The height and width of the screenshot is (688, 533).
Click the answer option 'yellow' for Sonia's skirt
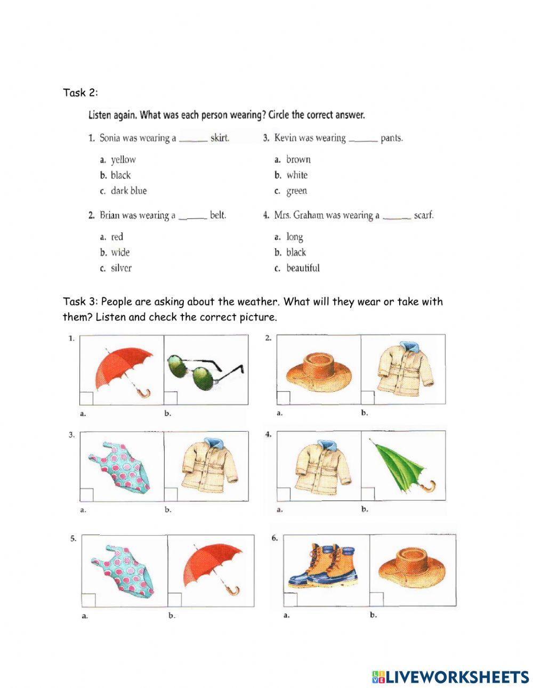point(123,159)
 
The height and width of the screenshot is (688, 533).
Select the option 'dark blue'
point(128,191)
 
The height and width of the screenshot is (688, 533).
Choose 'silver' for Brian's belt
point(121,268)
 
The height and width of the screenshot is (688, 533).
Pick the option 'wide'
point(120,253)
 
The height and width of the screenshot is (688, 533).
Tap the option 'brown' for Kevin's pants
point(298,159)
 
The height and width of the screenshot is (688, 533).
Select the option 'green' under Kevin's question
point(296,191)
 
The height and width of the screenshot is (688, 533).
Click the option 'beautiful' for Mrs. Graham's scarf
point(303,268)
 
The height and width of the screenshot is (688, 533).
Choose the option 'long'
point(294,237)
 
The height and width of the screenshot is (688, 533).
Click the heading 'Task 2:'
point(80,93)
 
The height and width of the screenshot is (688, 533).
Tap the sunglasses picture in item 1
point(205,367)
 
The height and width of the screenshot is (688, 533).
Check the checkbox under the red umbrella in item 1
point(86,398)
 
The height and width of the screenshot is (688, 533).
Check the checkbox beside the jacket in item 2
point(367,398)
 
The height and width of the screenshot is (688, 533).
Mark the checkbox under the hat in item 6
point(376,599)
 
